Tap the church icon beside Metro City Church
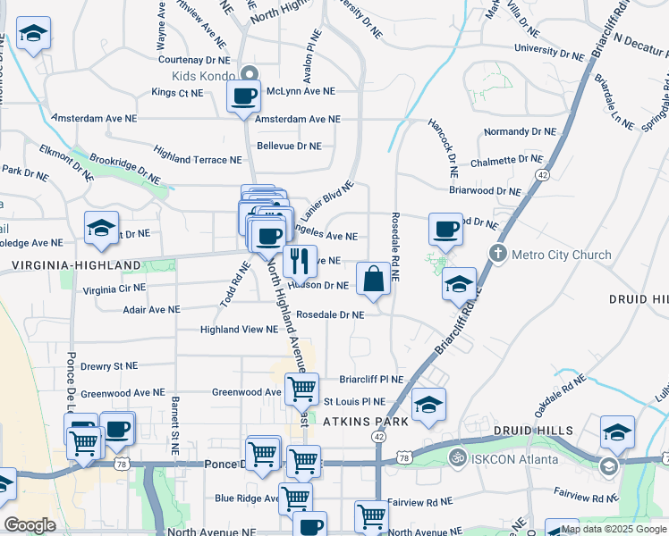click(x=499, y=254)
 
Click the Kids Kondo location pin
click(x=249, y=75)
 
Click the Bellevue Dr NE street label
click(x=288, y=145)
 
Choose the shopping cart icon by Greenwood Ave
click(x=301, y=389)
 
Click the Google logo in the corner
click(x=30, y=524)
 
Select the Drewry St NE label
click(x=109, y=366)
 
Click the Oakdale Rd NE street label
click(x=560, y=390)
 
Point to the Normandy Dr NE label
click(x=519, y=131)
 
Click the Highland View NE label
click(x=239, y=330)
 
